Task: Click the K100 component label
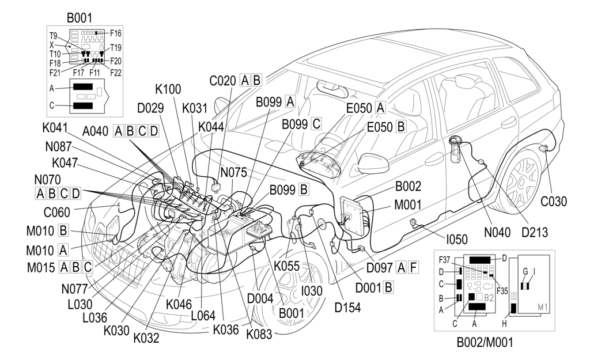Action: click(x=168, y=89)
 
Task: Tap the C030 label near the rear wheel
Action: click(x=553, y=202)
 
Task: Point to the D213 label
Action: click(x=533, y=233)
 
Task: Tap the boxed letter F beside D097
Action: click(x=413, y=267)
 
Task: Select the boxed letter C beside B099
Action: click(x=315, y=124)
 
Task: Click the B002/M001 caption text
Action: click(x=485, y=343)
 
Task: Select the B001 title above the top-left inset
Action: click(x=79, y=17)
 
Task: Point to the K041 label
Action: click(x=55, y=127)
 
